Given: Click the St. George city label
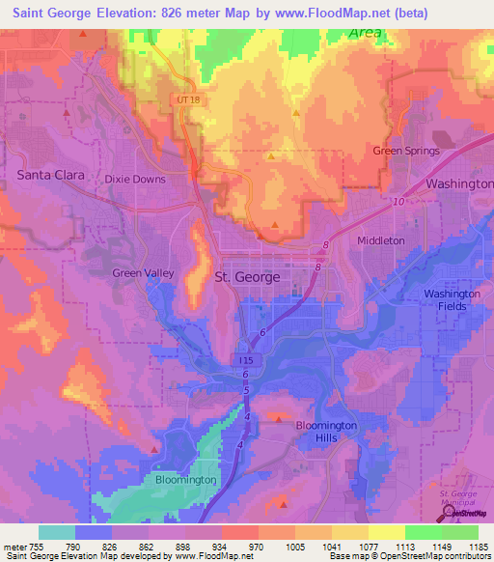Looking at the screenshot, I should [x=246, y=277].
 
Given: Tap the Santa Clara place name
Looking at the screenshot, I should [x=50, y=176].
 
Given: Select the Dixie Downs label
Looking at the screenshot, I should [x=135, y=179].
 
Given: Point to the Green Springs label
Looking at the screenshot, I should [x=406, y=151].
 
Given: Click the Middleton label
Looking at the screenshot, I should [x=380, y=240].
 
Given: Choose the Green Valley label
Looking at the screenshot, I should [x=143, y=273].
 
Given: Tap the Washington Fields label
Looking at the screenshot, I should [x=453, y=300].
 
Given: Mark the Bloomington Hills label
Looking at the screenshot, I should [x=325, y=432].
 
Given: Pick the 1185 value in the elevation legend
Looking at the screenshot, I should [x=476, y=546].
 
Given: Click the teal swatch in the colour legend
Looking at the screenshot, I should [x=56, y=531].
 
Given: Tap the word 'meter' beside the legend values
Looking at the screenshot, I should [x=16, y=546].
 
